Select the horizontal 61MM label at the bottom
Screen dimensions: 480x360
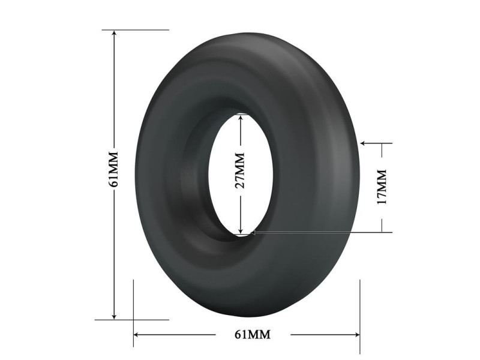click(x=253, y=335)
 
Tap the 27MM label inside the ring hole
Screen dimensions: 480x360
click(x=240, y=170)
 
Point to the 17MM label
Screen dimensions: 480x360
click(x=382, y=187)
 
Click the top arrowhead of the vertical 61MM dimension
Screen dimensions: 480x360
click(x=114, y=33)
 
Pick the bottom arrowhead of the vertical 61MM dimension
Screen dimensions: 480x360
click(x=114, y=316)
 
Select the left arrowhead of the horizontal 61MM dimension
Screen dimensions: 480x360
click(x=137, y=335)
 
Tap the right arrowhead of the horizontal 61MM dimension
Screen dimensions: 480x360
click(x=356, y=335)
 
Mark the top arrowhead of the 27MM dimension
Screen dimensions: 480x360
click(x=241, y=118)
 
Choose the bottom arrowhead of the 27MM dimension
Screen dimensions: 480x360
click(x=241, y=230)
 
